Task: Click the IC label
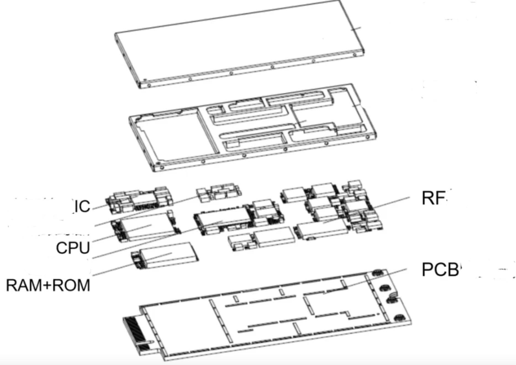[x=82, y=206]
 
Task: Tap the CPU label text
[x=73, y=248]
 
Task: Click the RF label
[x=433, y=198]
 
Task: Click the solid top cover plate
[x=237, y=41]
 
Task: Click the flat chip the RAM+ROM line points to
[x=168, y=255]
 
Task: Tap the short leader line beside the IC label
[x=99, y=207]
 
